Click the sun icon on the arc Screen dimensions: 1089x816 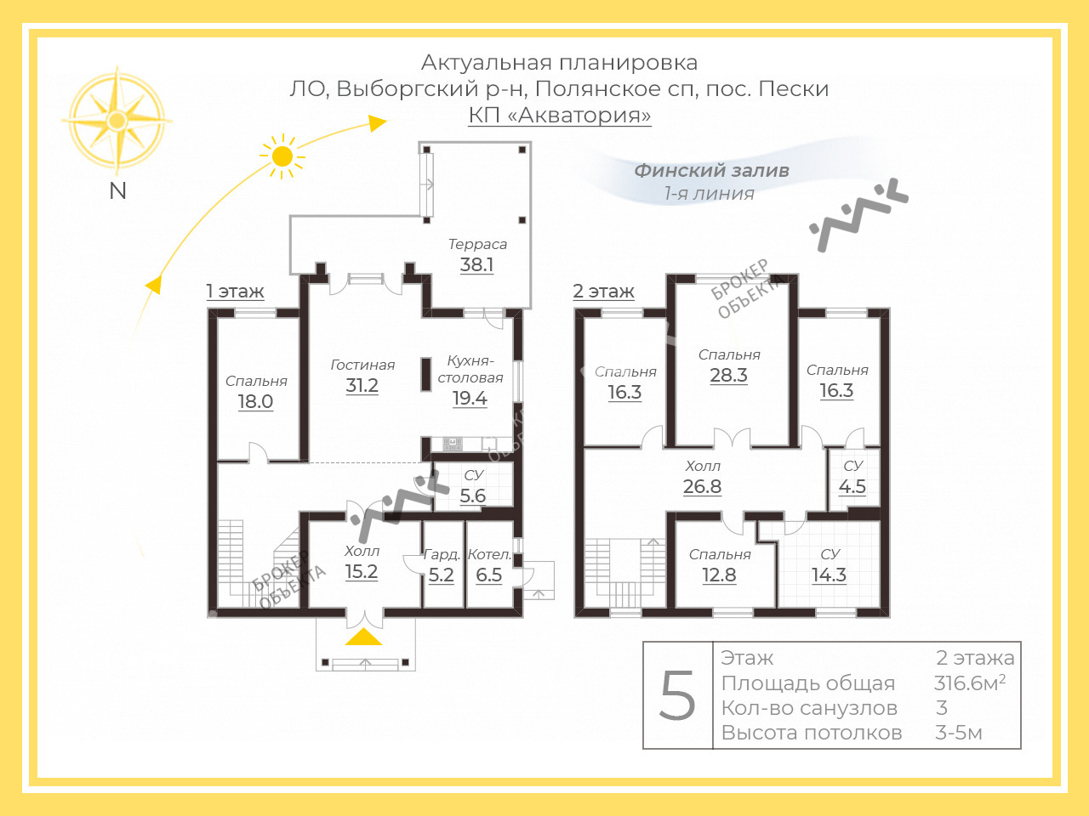click(x=282, y=156)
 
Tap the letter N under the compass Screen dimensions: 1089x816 click(x=117, y=191)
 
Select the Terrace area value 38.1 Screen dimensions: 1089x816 click(x=476, y=264)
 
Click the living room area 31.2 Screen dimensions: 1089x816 click(x=362, y=385)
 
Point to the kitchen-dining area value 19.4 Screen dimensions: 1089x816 click(x=470, y=399)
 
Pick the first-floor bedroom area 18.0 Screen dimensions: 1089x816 click(x=255, y=401)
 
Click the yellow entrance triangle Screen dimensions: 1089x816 click(x=363, y=637)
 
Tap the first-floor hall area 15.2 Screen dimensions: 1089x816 click(x=362, y=572)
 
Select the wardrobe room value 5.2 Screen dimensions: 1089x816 click(x=441, y=575)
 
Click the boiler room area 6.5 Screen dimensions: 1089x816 click(x=488, y=575)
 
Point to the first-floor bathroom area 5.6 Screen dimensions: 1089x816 click(x=472, y=496)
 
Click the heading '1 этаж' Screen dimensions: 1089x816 click(x=235, y=292)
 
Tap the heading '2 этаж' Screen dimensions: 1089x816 click(x=603, y=292)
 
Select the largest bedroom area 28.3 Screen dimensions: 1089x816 click(x=728, y=376)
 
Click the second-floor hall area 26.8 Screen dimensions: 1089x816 click(x=702, y=486)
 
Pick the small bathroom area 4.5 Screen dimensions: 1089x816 click(x=852, y=486)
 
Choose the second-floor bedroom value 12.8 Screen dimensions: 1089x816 click(x=719, y=575)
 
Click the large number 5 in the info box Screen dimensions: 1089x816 click(x=677, y=695)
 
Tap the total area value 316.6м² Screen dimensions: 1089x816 click(x=969, y=683)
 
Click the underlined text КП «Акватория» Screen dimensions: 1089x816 click(x=560, y=115)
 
